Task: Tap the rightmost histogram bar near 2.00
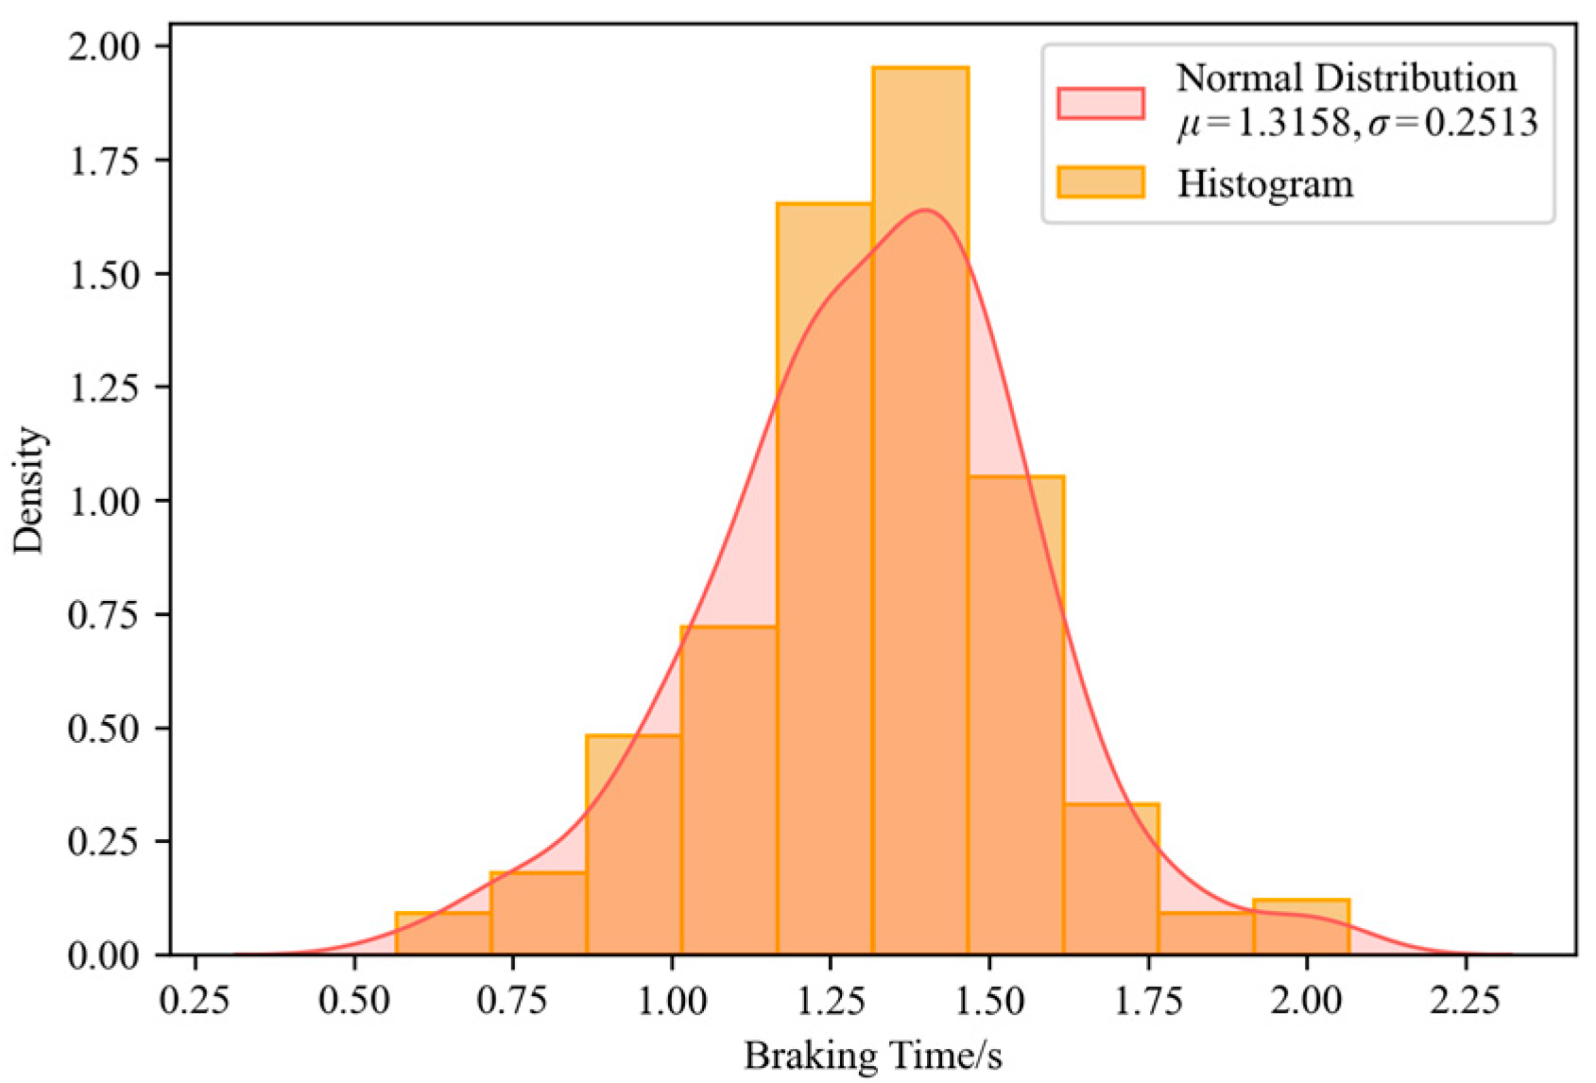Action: pyautogui.click(x=1300, y=927)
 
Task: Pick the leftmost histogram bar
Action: pyautogui.click(x=442, y=934)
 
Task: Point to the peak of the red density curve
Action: pyautogui.click(x=924, y=210)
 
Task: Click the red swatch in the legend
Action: pyautogui.click(x=1101, y=103)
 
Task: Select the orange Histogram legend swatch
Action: pyautogui.click(x=1101, y=182)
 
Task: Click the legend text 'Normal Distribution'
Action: pyautogui.click(x=1346, y=77)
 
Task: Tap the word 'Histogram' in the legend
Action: pyautogui.click(x=1264, y=183)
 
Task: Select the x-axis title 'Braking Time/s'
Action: pyautogui.click(x=872, y=1056)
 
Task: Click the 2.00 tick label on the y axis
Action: pyautogui.click(x=103, y=46)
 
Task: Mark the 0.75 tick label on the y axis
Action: pyautogui.click(x=103, y=614)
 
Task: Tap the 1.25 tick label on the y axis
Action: pyautogui.click(x=103, y=387)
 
